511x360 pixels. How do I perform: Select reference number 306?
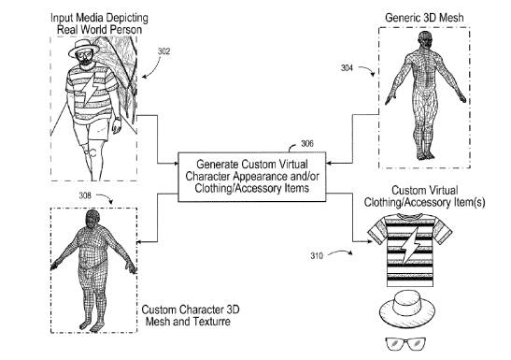coord(308,143)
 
